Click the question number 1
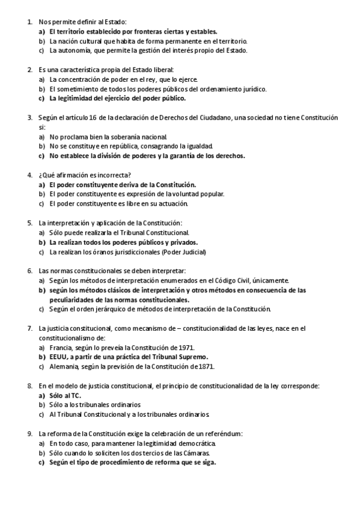pos(29,22)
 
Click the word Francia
pos(61,348)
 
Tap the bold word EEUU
pos(59,357)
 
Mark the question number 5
pos(29,223)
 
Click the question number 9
pos(29,433)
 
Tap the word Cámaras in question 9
pos(194,452)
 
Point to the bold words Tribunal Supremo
pos(155,357)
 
